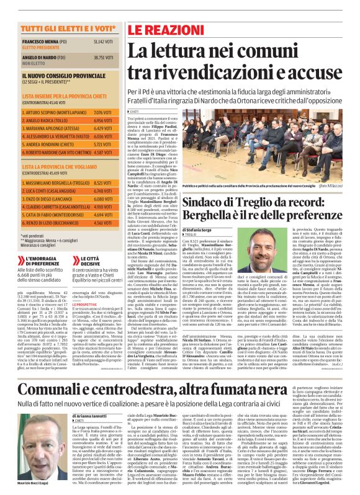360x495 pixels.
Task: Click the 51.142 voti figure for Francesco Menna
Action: pos(104,41)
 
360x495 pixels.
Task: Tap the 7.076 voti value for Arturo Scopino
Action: pos(102,112)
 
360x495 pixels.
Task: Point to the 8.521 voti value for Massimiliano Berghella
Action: pos(102,183)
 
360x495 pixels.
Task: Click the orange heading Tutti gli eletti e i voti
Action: pos(60,29)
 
